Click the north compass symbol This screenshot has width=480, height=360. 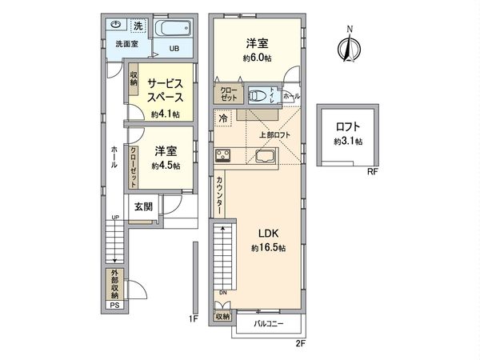pos(348,46)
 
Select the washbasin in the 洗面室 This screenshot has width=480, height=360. pos(117,25)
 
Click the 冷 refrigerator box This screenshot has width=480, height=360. pos(222,118)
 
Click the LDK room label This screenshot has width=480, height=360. pos(267,234)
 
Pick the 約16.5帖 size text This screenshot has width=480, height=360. pos(267,249)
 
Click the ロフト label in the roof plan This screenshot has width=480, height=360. pos(348,126)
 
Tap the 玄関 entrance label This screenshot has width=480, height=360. pos(144,206)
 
